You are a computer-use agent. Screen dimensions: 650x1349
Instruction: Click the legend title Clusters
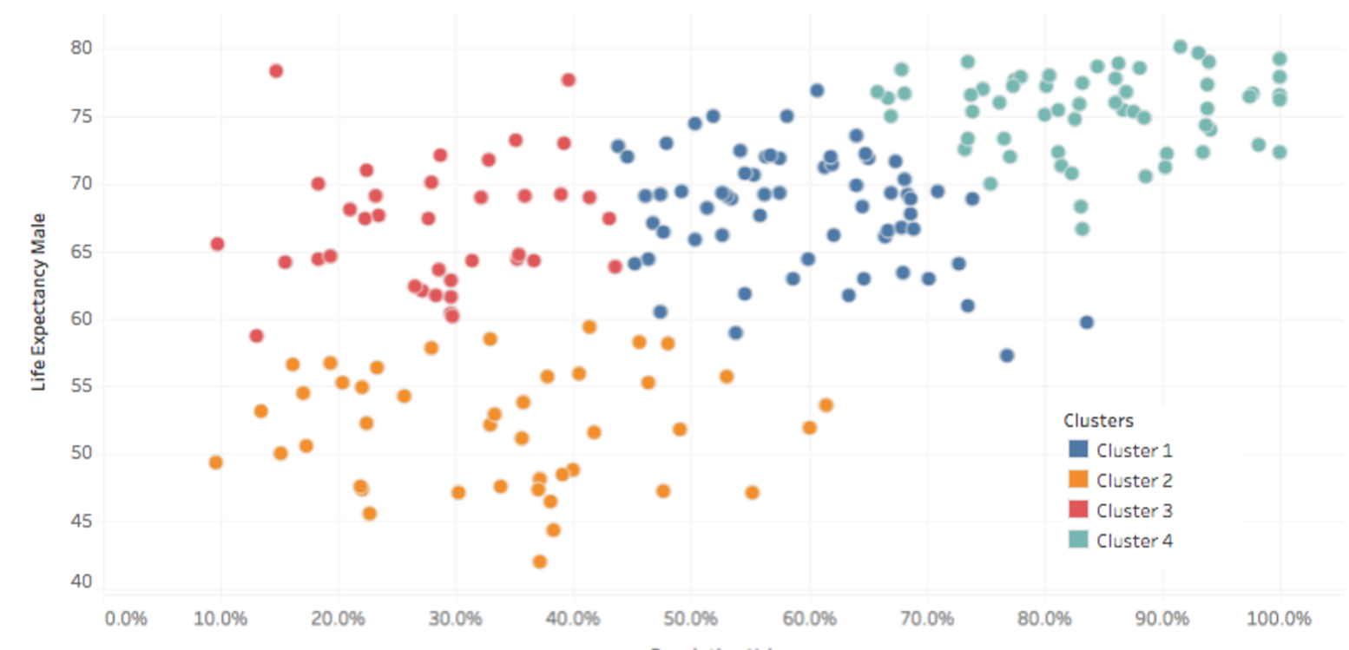click(x=1097, y=421)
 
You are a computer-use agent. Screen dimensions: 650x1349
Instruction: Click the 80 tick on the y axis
click(x=80, y=48)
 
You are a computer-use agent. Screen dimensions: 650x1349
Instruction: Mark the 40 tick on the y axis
click(x=80, y=581)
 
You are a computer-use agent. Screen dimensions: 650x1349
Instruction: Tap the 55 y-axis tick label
click(x=80, y=387)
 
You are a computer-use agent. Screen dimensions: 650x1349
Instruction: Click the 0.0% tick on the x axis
click(x=126, y=620)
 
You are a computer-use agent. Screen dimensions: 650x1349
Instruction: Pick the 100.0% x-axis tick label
click(x=1280, y=620)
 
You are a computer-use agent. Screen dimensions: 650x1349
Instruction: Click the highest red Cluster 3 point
click(x=276, y=71)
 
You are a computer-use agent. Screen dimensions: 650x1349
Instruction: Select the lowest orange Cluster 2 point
click(x=539, y=561)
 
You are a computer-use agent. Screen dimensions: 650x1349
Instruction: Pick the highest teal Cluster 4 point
click(x=1180, y=47)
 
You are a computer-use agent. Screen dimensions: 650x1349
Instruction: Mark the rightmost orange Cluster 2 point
click(x=826, y=405)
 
